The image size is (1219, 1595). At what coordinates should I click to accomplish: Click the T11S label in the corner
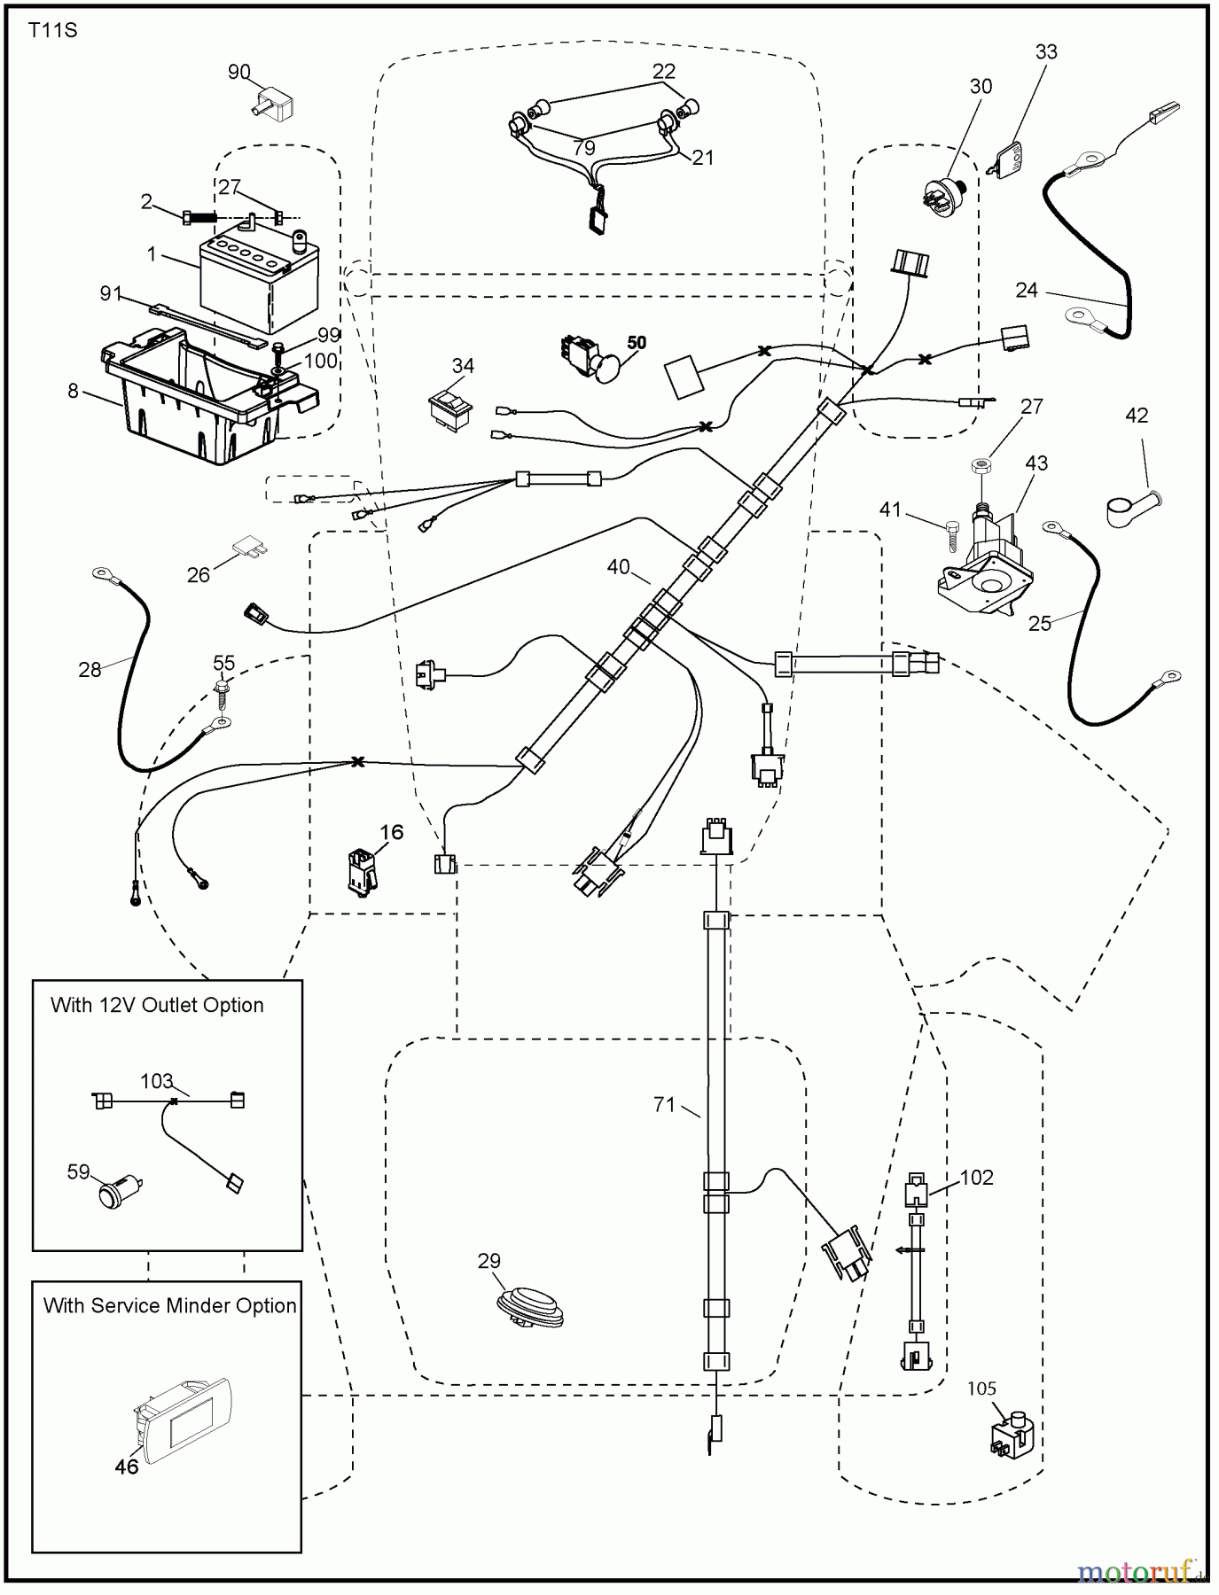click(x=53, y=31)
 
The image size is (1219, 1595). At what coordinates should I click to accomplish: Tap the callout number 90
click(x=238, y=72)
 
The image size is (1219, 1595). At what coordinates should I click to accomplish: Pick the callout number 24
click(x=1027, y=290)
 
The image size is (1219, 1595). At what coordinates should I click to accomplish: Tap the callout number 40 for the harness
click(x=618, y=566)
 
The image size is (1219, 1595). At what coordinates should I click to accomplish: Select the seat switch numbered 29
click(x=530, y=1307)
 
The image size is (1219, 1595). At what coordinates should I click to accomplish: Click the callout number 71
click(x=664, y=1104)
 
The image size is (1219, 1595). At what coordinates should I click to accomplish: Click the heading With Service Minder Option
click(x=169, y=1305)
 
